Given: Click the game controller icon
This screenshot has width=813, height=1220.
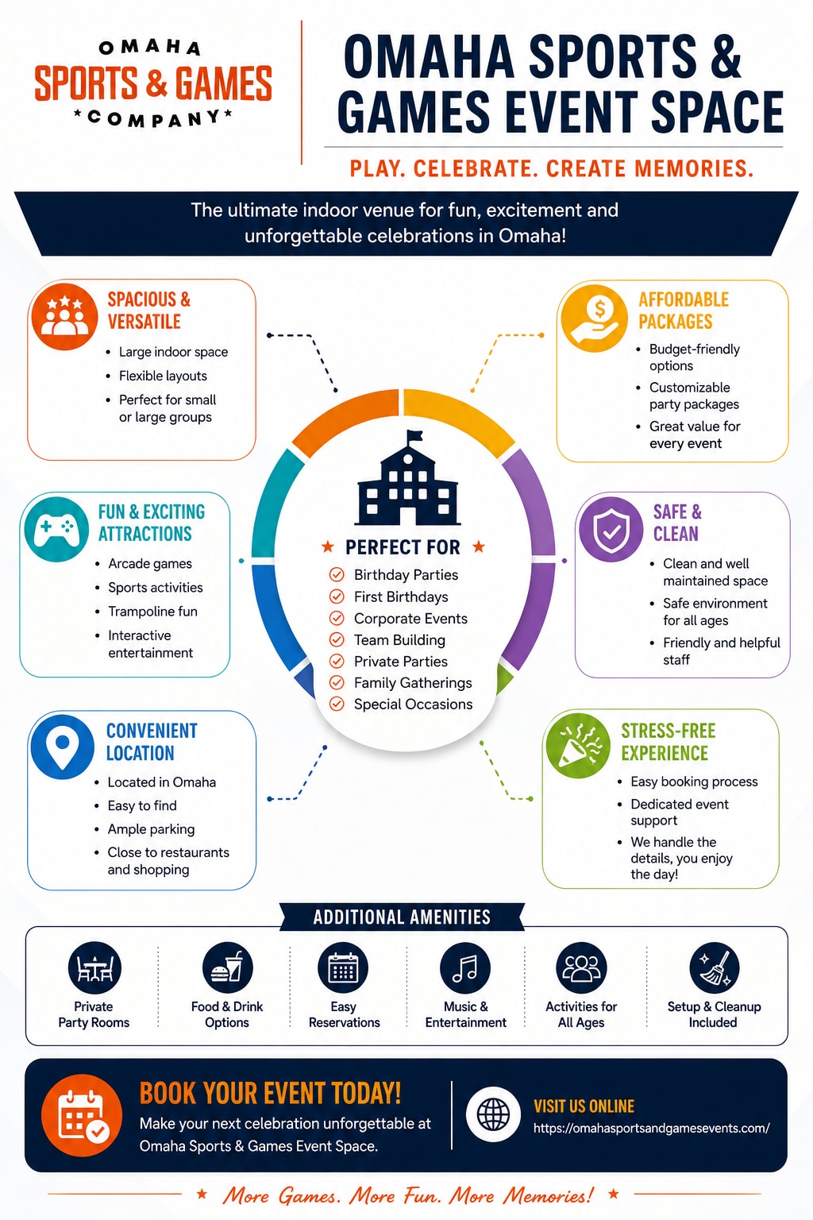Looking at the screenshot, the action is (x=56, y=530).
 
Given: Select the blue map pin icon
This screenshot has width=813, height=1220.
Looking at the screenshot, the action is (x=63, y=747).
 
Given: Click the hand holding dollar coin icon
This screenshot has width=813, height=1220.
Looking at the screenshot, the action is (x=595, y=318).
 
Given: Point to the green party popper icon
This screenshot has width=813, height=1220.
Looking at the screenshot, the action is (x=578, y=746).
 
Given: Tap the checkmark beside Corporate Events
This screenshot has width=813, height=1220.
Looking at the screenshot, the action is (x=337, y=618).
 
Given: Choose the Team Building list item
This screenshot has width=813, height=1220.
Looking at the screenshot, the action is (x=399, y=640).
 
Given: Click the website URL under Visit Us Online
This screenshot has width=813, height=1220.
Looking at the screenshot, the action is (x=651, y=1128).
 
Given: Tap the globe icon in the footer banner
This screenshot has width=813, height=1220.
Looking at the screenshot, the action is (x=493, y=1114).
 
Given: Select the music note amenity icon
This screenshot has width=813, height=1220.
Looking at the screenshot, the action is (x=465, y=968).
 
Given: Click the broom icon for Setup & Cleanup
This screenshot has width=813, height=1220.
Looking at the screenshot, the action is (x=715, y=968).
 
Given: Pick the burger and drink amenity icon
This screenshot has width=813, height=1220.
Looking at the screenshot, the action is (x=228, y=968).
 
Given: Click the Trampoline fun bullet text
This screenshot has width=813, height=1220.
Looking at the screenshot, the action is (x=152, y=612).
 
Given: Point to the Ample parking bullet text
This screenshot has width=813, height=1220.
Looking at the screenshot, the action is (x=151, y=829).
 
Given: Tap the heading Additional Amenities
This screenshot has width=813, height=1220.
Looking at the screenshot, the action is (x=402, y=917).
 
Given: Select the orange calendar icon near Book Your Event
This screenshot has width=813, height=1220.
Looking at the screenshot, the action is (x=82, y=1115).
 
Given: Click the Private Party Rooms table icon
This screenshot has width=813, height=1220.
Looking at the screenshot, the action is (x=94, y=968).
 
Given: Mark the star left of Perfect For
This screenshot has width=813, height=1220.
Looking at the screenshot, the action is (x=327, y=546).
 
